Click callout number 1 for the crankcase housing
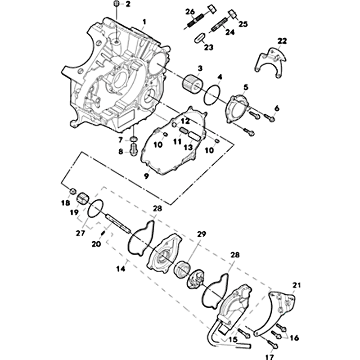click(144, 22)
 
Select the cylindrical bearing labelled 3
click(193, 84)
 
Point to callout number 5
click(246, 87)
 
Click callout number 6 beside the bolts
click(277, 108)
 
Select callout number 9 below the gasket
click(146, 176)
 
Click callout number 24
click(230, 32)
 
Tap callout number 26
click(190, 12)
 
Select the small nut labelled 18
click(73, 191)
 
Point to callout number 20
click(96, 244)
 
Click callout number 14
click(121, 268)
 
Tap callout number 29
click(201, 234)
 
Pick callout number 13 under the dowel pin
click(188, 147)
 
